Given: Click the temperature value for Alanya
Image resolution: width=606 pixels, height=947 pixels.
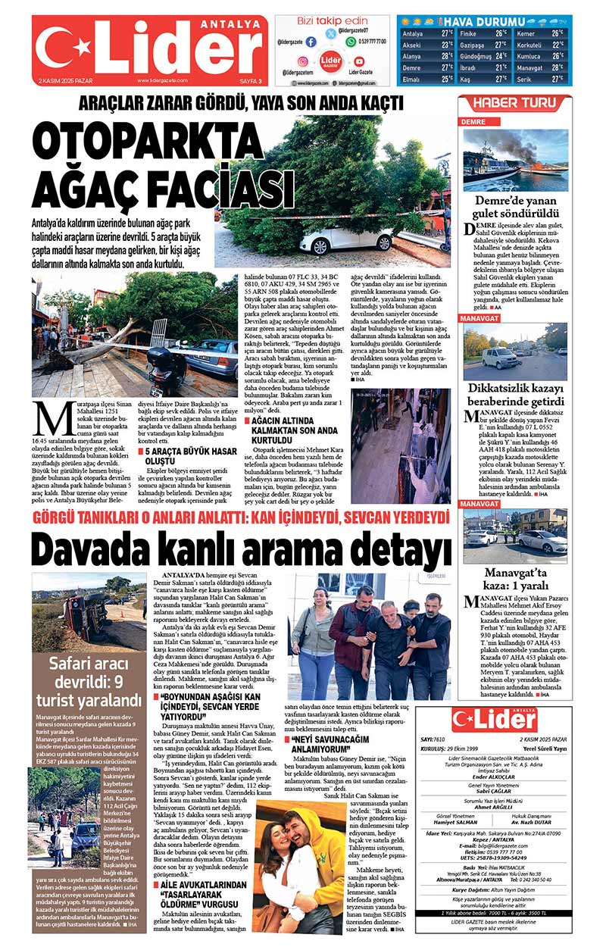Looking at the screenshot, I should pyautogui.click(x=447, y=56).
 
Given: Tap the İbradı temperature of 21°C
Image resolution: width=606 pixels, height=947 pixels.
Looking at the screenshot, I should pyautogui.click(x=501, y=67).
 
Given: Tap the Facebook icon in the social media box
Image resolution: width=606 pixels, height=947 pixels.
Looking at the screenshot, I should pyautogui.click(x=311, y=41).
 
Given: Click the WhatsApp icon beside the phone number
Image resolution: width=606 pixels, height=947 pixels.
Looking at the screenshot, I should pyautogui.click(x=351, y=42).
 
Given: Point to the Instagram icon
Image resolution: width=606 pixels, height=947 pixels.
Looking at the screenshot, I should pyautogui.click(x=302, y=61).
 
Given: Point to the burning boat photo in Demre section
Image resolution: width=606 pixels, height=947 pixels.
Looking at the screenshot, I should pyautogui.click(x=514, y=161).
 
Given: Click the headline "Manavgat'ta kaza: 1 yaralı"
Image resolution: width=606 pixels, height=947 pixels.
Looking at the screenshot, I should pyautogui.click(x=514, y=579).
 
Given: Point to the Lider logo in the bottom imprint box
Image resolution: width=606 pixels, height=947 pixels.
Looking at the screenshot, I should pyautogui.click(x=493, y=719).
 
